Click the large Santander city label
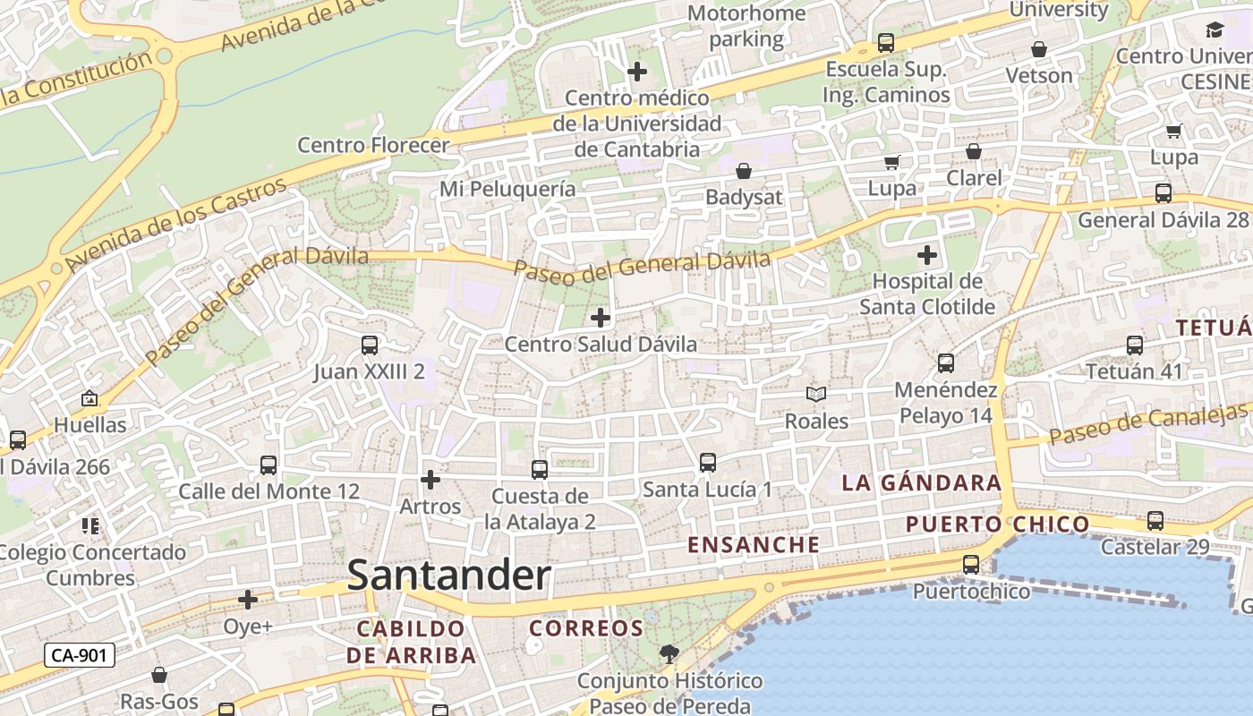(448, 575)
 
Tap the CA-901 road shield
(80, 655)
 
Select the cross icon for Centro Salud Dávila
(601, 317)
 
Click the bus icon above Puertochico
(971, 565)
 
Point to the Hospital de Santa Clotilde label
(927, 294)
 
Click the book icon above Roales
(816, 394)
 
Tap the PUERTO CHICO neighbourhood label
(997, 524)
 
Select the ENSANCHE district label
(754, 544)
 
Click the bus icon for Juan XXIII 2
(369, 345)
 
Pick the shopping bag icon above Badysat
(744, 171)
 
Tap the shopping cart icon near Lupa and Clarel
(891, 162)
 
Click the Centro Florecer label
(373, 145)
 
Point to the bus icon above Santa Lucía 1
(707, 463)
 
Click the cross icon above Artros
(430, 480)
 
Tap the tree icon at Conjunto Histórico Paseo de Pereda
(668, 654)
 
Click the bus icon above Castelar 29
(1155, 521)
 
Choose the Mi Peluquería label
(507, 189)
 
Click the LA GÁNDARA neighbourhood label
(921, 483)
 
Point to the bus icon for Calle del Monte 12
(268, 465)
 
